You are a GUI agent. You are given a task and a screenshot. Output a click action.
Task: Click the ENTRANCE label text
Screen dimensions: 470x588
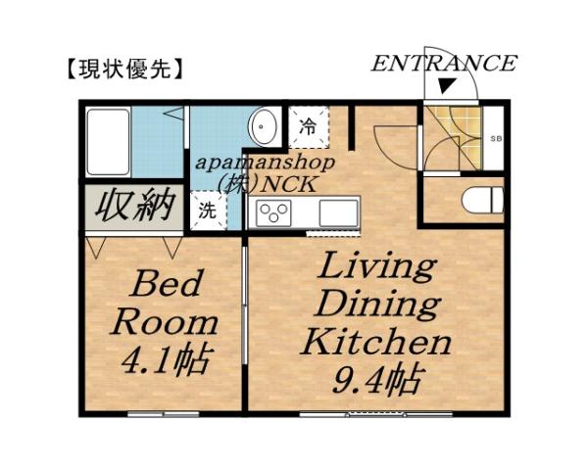(444, 65)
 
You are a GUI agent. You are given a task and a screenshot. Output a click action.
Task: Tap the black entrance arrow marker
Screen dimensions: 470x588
(446, 89)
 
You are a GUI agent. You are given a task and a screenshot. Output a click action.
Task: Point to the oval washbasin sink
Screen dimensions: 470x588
(264, 125)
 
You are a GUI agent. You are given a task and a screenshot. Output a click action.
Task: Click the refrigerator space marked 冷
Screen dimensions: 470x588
(308, 126)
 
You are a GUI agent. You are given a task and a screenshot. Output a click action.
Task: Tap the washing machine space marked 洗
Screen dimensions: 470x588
(207, 210)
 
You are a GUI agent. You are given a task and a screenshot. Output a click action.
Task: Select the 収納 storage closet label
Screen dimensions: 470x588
(134, 206)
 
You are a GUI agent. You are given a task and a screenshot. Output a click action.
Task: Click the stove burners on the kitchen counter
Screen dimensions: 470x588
(272, 211)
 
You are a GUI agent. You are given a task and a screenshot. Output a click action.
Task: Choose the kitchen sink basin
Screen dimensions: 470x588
(337, 211)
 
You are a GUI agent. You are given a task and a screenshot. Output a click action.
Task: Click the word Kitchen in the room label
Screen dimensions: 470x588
(375, 342)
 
